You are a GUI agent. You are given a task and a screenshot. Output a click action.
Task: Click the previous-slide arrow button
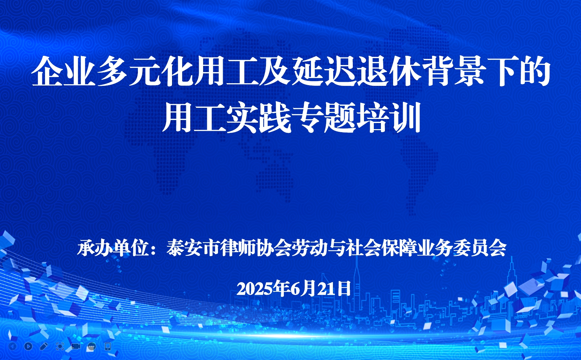13,346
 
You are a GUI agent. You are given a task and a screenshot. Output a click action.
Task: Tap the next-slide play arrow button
28,346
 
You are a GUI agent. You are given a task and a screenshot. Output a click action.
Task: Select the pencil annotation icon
44,346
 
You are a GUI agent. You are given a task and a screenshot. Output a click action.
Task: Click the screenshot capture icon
60,346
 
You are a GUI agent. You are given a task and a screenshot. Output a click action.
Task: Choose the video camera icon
76,346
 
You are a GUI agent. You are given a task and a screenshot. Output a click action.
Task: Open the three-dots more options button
92,346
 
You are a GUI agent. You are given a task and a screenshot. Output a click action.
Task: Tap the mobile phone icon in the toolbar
108,346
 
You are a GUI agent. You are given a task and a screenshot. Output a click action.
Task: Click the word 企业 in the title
63,71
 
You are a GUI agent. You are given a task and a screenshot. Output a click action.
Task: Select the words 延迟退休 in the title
356,71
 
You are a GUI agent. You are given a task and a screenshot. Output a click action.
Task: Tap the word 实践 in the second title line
258,118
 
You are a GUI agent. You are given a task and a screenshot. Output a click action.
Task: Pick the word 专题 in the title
323,118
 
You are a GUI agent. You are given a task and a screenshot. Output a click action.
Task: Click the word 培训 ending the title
388,118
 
